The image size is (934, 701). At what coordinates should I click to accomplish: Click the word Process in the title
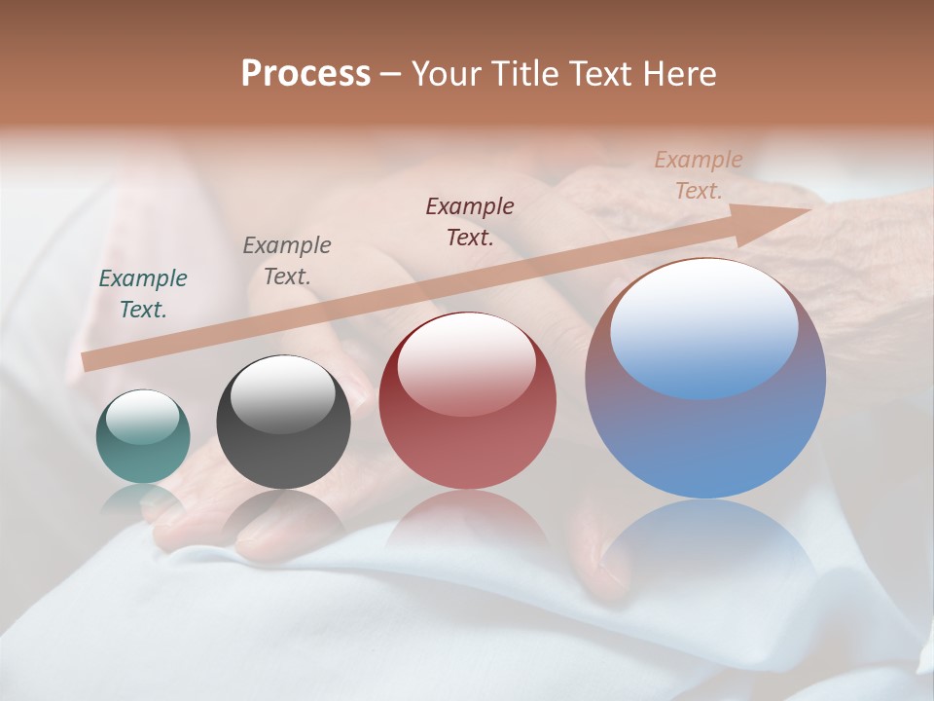(305, 73)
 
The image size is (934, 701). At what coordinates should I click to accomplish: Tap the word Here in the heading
(678, 73)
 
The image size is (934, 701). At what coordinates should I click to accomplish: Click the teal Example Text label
(143, 294)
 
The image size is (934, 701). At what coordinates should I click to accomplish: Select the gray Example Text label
(287, 261)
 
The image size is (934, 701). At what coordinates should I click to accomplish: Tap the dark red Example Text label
(470, 221)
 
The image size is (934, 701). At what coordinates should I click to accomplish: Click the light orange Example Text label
(699, 175)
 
